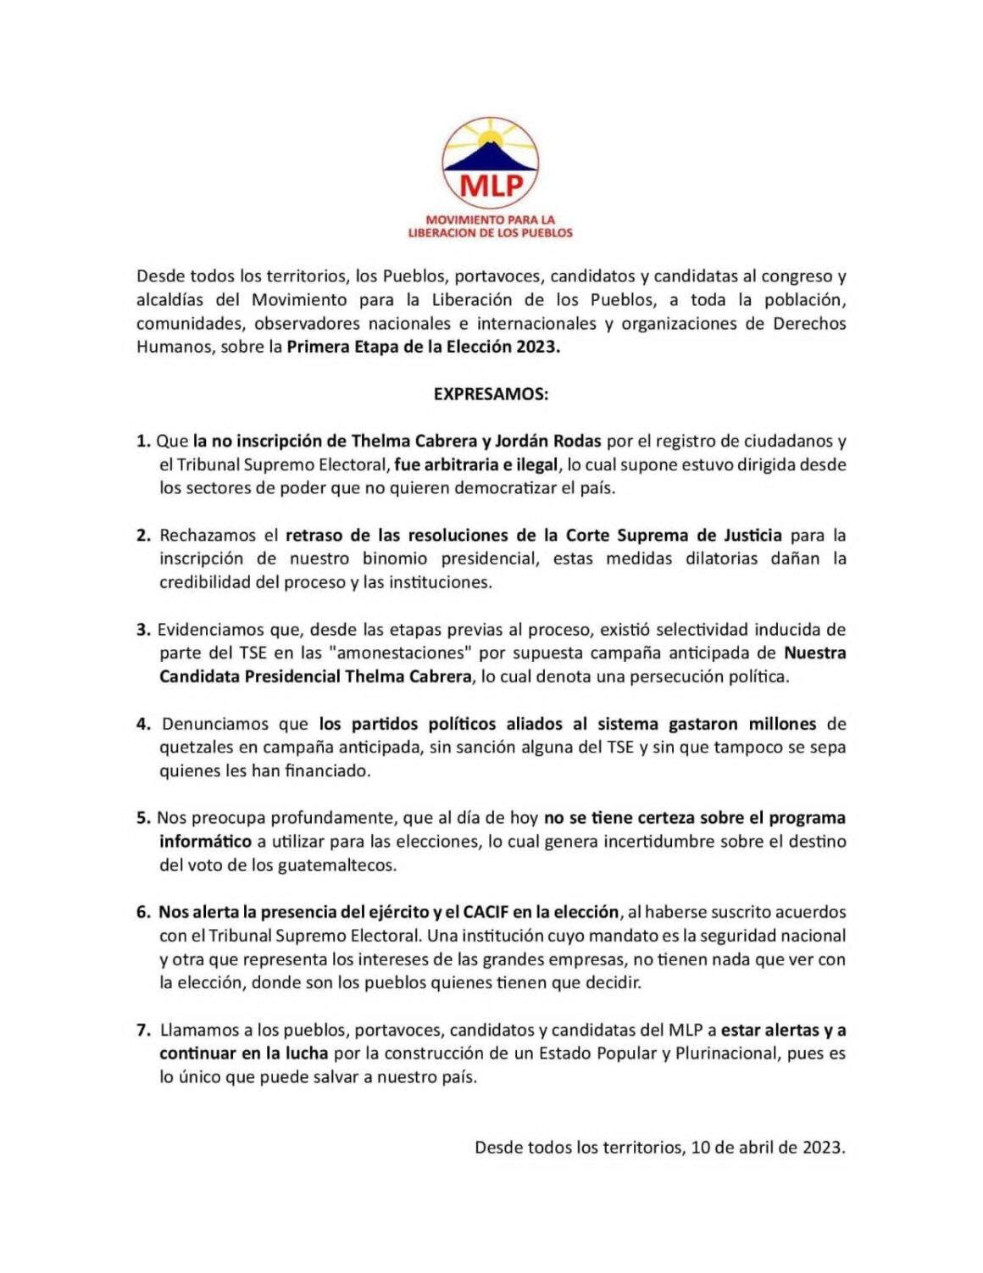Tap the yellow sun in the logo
tap(491, 135)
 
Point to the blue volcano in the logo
tap(491, 158)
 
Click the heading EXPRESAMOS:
tap(491, 394)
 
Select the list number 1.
tap(142, 442)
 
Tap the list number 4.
tap(143, 725)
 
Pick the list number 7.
tap(143, 1031)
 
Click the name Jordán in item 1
tap(523, 442)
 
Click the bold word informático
tap(205, 842)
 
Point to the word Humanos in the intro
tap(175, 347)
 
